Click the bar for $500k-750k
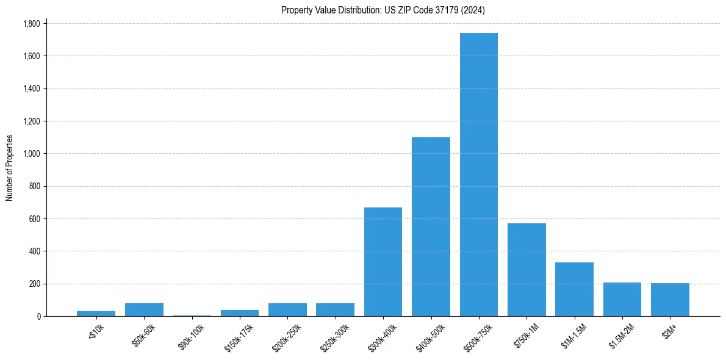tap(479, 175)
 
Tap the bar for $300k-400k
tap(383, 262)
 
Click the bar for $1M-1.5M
tap(574, 289)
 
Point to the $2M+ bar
tap(670, 300)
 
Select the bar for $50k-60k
tap(144, 310)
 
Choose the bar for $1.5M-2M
tap(622, 300)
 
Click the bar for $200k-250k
tap(287, 310)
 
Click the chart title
tap(383, 10)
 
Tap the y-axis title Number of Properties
tap(10, 168)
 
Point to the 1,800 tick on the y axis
tap(31, 24)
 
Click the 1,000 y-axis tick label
tap(31, 154)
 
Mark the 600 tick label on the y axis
tap(34, 219)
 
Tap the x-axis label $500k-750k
tap(479, 336)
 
